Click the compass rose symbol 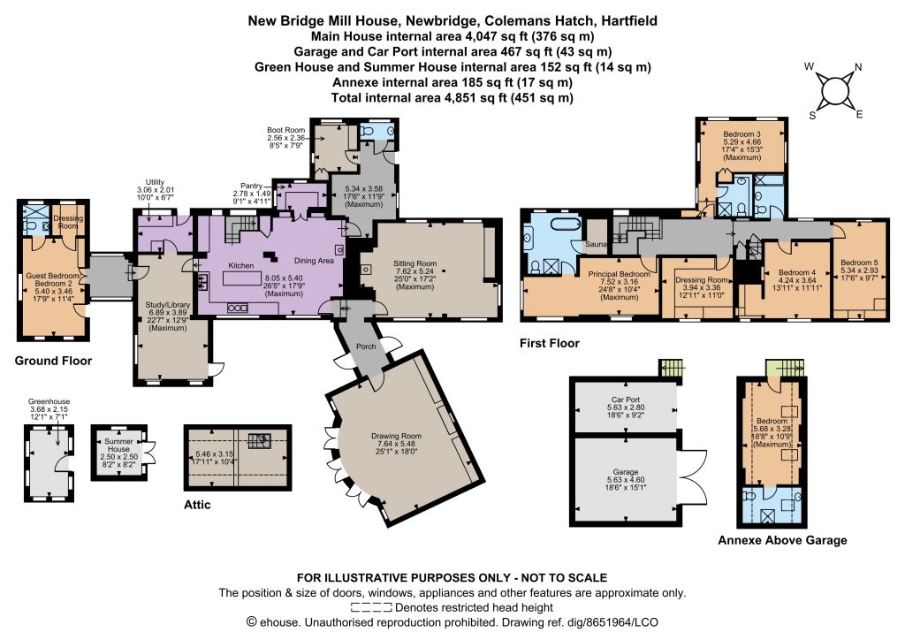pyautogui.click(x=834, y=90)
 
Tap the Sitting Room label pyautogui.click(x=415, y=263)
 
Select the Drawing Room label pyautogui.click(x=396, y=436)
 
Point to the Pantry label pyautogui.click(x=252, y=186)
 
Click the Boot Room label pyautogui.click(x=285, y=131)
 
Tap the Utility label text pyautogui.click(x=156, y=182)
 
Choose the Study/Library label pyautogui.click(x=168, y=305)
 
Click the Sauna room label pyautogui.click(x=597, y=244)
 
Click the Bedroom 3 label pyautogui.click(x=742, y=133)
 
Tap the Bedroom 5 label pyautogui.click(x=859, y=262)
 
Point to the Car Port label pyautogui.click(x=626, y=400)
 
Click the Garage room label pyautogui.click(x=626, y=471)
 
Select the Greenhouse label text pyautogui.click(x=49, y=401)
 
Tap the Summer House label pyautogui.click(x=118, y=445)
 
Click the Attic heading pyautogui.click(x=197, y=505)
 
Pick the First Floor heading pyautogui.click(x=550, y=343)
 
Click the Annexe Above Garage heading pyautogui.click(x=783, y=541)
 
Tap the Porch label pyautogui.click(x=366, y=347)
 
